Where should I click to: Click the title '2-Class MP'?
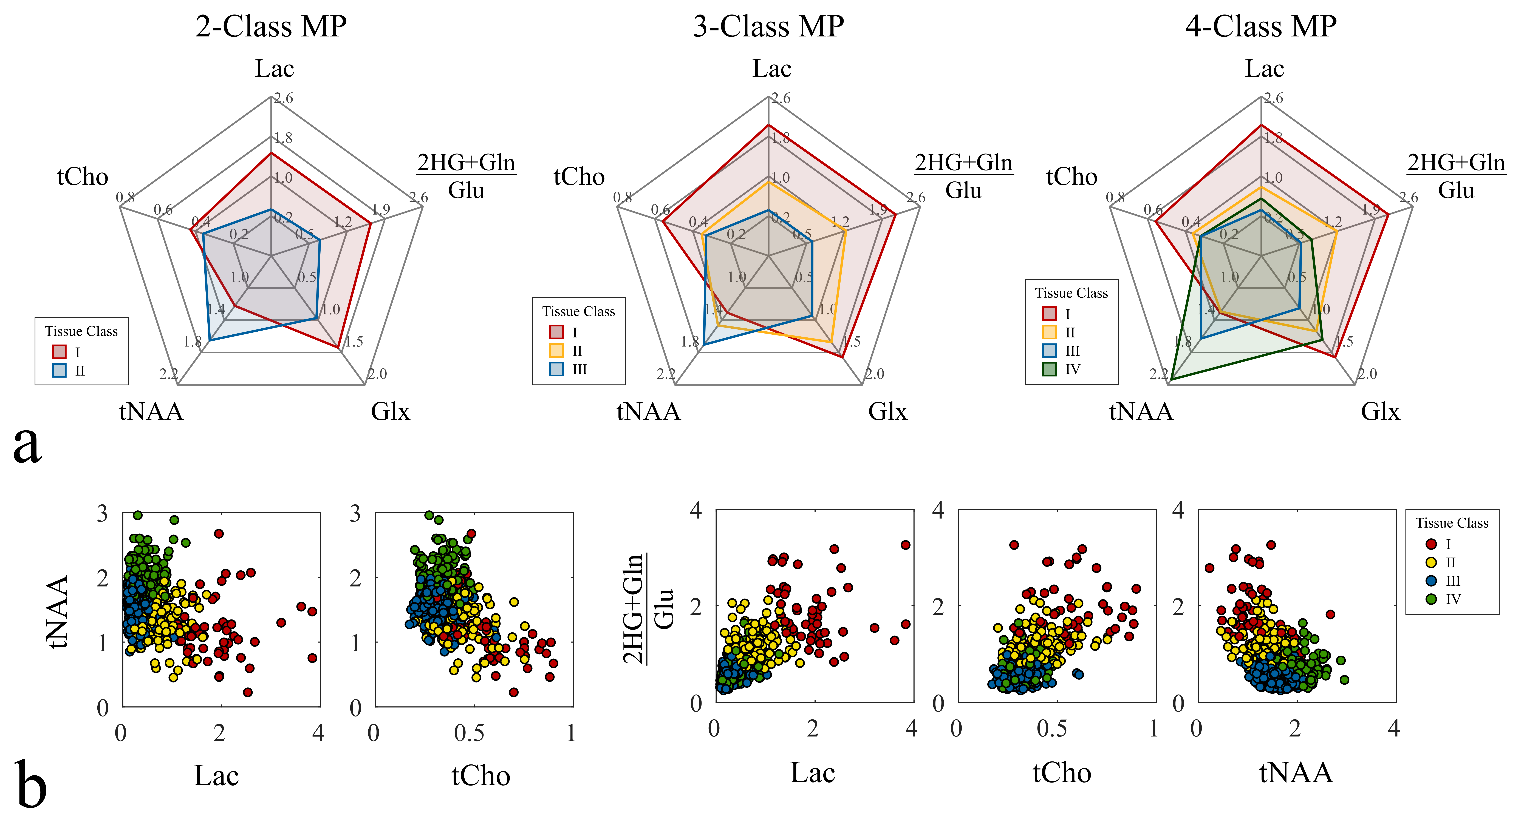tap(271, 27)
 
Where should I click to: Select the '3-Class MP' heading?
tap(768, 27)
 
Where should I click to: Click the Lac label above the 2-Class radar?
tap(274, 69)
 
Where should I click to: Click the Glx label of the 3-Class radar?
tap(887, 411)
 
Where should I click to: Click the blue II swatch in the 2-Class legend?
tap(59, 371)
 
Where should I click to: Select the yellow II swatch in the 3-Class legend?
tap(556, 351)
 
